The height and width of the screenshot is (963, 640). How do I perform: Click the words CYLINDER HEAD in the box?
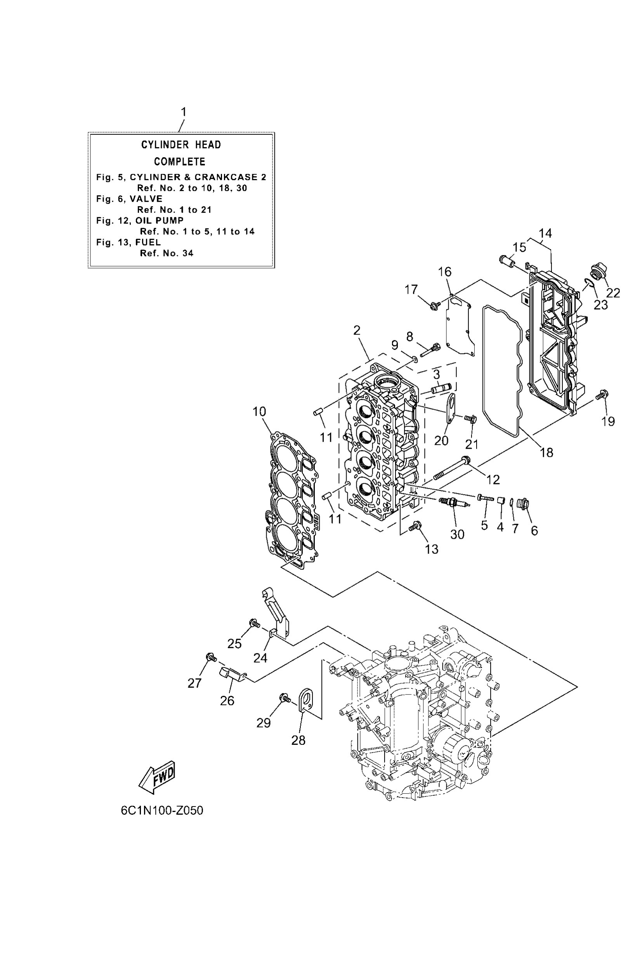[181, 145]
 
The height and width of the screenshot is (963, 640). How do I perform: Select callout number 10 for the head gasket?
[259, 411]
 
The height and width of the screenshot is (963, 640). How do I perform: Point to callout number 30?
[457, 534]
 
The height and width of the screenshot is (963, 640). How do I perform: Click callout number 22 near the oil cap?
[613, 293]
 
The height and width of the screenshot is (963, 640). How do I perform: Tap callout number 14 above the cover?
[545, 234]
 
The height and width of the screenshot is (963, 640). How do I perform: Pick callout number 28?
[298, 740]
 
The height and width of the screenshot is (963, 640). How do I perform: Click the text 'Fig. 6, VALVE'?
[129, 199]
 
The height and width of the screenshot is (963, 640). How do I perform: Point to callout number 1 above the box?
[184, 112]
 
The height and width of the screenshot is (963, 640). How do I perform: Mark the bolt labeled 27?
[211, 657]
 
